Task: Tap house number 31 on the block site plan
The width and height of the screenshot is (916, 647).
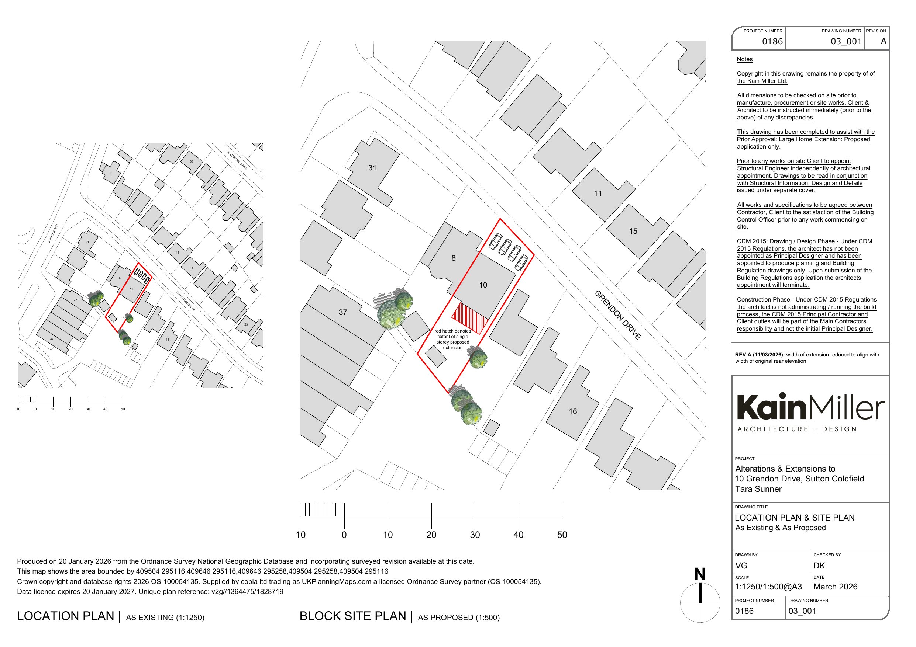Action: (x=372, y=168)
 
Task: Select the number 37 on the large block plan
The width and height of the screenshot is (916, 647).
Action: (x=343, y=312)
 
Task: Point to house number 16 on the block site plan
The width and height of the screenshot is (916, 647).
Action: (x=572, y=411)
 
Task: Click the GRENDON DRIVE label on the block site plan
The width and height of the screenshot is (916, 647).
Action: (x=617, y=315)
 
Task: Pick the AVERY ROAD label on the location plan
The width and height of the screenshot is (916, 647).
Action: (x=53, y=233)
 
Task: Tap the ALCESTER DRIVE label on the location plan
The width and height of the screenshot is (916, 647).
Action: (x=237, y=160)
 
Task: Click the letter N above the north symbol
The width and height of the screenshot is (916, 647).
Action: (x=700, y=574)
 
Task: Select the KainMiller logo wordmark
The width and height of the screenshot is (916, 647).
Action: (x=810, y=407)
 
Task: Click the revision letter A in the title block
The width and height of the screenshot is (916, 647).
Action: (x=883, y=41)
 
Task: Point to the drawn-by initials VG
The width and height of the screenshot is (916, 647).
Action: (x=741, y=565)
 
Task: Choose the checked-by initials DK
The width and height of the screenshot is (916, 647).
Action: (x=819, y=565)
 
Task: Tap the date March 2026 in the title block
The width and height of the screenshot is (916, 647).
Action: (x=835, y=587)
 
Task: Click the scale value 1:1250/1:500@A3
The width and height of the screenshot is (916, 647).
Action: (x=768, y=587)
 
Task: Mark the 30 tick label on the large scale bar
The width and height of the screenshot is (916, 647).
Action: (x=475, y=535)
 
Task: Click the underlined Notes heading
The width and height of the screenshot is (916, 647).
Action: (x=744, y=59)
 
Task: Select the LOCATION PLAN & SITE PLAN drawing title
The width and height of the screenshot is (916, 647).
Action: (x=794, y=518)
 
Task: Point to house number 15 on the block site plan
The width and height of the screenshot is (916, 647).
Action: (x=633, y=231)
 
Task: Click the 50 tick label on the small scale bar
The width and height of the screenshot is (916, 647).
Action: (x=123, y=409)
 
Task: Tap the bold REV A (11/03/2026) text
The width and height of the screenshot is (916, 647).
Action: (x=760, y=354)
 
